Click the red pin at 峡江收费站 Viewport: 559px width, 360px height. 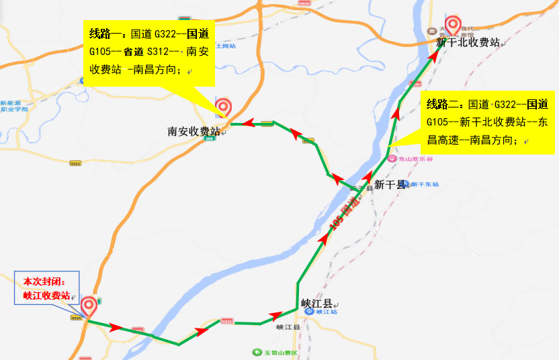tap(88, 307)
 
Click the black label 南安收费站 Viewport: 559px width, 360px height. tap(193, 132)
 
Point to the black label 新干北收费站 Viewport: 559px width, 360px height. tap(468, 42)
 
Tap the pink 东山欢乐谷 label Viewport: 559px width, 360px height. tap(412, 159)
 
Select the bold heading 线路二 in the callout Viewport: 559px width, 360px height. tap(443, 105)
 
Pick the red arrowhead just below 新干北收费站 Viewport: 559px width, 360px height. tap(434, 56)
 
